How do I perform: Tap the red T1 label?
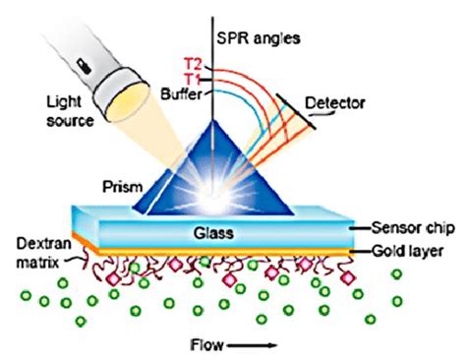pos(195,79)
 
